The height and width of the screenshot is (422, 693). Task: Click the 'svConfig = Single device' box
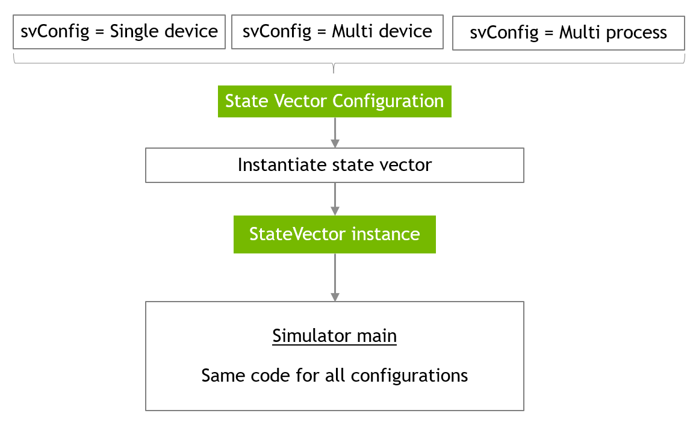[119, 32]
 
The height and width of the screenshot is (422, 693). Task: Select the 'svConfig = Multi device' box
[337, 32]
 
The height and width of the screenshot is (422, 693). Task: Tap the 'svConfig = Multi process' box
[568, 33]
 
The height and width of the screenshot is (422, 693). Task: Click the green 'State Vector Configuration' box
[334, 101]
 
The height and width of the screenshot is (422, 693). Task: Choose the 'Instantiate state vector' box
[334, 166]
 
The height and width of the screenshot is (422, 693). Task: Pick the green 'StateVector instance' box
[334, 234]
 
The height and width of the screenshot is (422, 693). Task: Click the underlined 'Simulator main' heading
[334, 336]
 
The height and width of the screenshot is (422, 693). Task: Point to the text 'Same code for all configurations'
[334, 376]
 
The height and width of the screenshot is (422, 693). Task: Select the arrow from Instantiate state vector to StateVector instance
[335, 199]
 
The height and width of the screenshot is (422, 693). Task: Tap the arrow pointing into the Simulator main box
[335, 277]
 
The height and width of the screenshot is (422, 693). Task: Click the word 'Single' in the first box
[132, 32]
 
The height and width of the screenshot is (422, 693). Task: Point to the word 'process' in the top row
[637, 33]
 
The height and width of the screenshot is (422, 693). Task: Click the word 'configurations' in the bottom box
[409, 376]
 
